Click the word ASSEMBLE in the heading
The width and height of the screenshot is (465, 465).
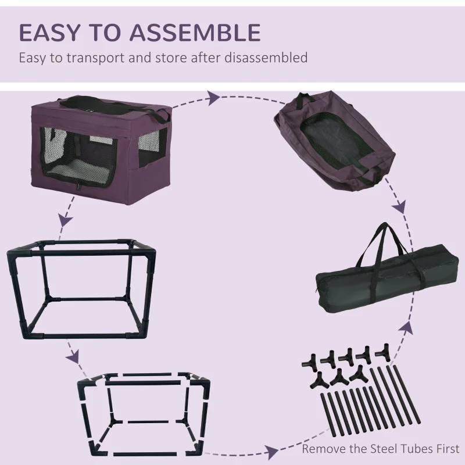(201, 33)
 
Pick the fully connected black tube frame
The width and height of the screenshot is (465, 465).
(81, 291)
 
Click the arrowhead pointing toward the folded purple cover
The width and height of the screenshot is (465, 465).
(214, 98)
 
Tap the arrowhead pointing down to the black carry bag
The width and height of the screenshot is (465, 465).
(399, 208)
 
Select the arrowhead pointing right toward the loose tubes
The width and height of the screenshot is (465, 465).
(271, 450)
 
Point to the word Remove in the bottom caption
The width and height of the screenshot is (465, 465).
(323, 449)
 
